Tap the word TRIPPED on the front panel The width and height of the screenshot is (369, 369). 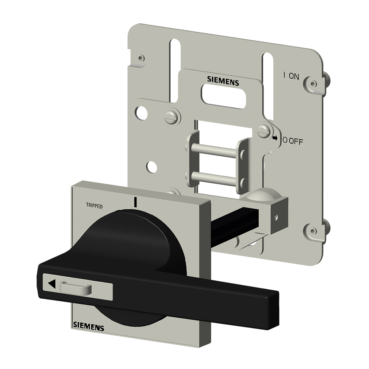(94, 206)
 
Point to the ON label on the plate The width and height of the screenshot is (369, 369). (294, 76)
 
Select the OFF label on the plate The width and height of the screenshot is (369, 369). (296, 142)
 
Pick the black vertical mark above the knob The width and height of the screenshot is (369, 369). (135, 203)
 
